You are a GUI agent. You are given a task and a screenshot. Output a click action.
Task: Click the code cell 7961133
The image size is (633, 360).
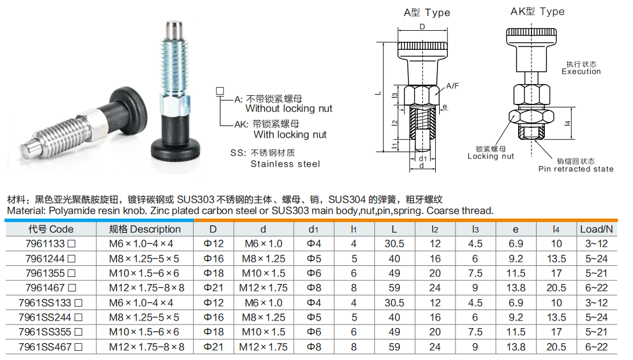click(46, 244)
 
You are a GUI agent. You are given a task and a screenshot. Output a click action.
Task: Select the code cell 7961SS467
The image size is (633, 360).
click(46, 347)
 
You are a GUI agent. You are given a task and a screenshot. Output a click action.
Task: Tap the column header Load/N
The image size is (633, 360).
click(596, 229)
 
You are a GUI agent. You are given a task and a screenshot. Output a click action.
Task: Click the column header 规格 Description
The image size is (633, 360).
click(145, 229)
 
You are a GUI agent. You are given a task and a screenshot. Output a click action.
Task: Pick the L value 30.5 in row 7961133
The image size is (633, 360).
click(395, 244)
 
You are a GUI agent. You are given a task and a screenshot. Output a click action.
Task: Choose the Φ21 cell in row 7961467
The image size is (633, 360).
click(214, 287)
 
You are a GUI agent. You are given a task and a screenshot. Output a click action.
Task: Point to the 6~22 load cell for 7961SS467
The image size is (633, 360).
click(596, 347)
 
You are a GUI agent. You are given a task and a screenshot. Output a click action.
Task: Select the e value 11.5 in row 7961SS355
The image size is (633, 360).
click(516, 332)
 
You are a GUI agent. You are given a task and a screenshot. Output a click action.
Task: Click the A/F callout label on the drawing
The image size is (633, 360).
click(453, 86)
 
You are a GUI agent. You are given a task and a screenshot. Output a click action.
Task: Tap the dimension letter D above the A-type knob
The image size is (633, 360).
click(422, 27)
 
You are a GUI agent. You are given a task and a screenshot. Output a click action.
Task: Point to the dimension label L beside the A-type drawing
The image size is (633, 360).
click(377, 93)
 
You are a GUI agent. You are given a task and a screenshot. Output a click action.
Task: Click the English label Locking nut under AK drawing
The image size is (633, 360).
click(491, 156)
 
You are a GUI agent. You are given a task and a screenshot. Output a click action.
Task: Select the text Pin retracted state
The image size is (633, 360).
click(576, 169)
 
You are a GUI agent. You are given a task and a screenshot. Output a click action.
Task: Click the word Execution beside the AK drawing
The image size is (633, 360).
click(581, 71)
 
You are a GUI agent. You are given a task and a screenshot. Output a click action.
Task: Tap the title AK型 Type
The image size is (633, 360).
click(537, 12)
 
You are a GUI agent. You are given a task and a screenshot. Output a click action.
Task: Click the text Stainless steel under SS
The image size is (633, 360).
click(285, 164)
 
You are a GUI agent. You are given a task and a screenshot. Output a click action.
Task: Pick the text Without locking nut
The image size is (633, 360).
click(289, 109)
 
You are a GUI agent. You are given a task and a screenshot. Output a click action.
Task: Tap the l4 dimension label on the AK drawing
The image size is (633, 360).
click(569, 123)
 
